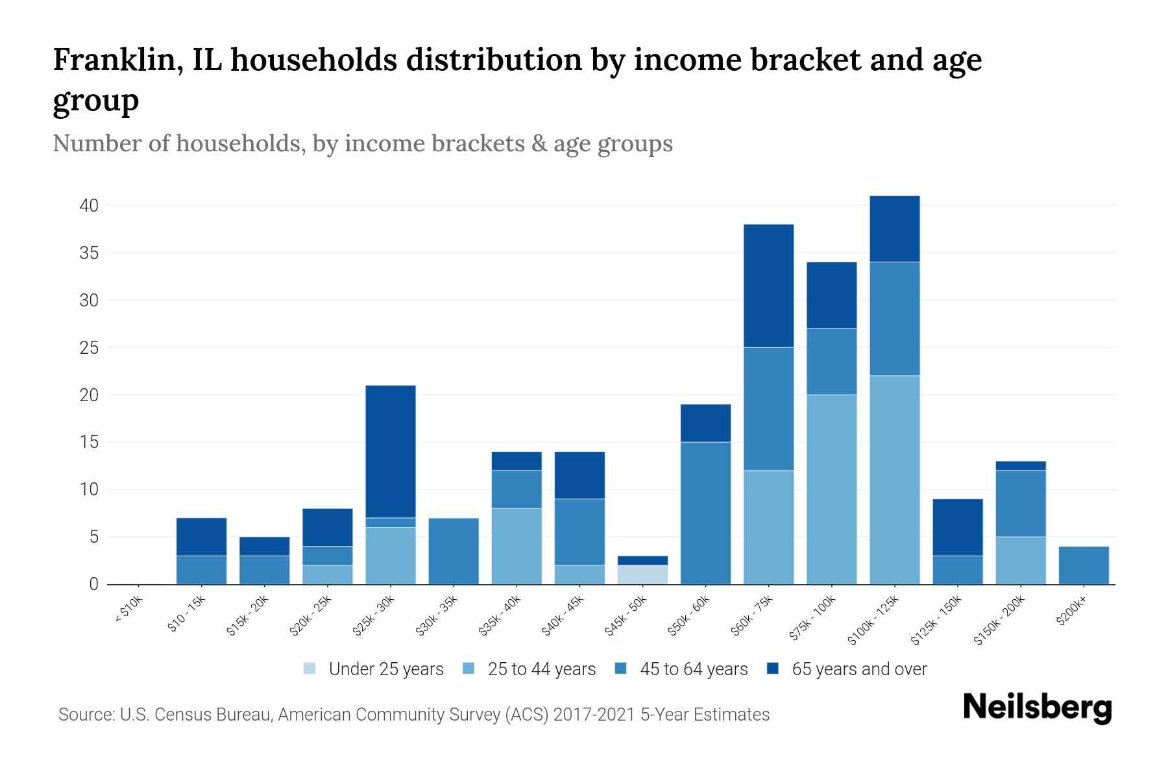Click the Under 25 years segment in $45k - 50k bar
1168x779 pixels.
click(x=643, y=575)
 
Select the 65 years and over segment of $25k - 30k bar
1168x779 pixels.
click(x=391, y=451)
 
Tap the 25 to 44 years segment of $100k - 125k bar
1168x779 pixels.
click(x=895, y=480)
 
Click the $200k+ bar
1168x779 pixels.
click(x=1084, y=565)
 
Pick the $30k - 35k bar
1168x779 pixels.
click(x=454, y=551)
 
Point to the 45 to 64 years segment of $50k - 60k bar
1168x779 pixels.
click(x=706, y=513)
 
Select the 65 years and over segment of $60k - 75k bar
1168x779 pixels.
click(x=769, y=286)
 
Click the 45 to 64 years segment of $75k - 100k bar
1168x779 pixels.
click(x=832, y=362)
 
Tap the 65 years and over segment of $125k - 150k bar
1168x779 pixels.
click(x=958, y=527)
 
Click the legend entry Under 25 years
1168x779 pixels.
click(x=385, y=669)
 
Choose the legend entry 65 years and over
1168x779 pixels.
click(x=858, y=669)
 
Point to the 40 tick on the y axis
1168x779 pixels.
click(x=89, y=206)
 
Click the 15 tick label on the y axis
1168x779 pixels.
click(x=90, y=442)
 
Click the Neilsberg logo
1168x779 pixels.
click(x=1037, y=708)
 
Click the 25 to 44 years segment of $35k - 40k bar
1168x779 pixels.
click(x=517, y=546)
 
